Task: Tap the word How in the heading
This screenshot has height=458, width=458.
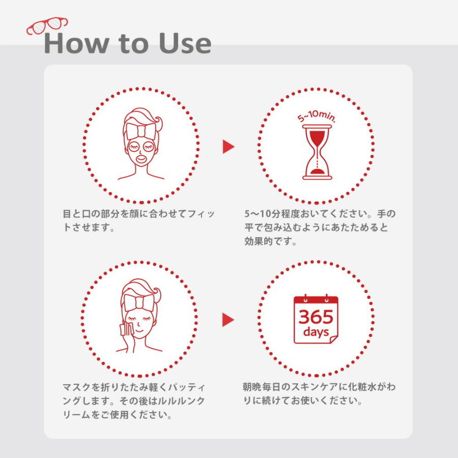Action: coord(76,43)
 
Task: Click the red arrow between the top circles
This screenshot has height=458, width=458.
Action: coord(228,147)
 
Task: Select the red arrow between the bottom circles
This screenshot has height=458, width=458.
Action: coord(228,320)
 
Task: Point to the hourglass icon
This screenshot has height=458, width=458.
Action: coord(317,152)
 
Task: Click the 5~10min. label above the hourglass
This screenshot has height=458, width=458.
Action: coord(317,116)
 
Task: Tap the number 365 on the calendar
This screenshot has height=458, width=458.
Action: coord(316,317)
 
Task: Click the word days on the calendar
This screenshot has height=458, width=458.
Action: coord(316,332)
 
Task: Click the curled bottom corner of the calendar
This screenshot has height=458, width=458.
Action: coord(333,339)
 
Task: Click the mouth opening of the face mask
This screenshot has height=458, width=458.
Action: coord(141,159)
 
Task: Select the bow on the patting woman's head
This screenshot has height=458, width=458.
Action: coord(139,303)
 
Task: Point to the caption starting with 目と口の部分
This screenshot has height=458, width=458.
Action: coord(139,220)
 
